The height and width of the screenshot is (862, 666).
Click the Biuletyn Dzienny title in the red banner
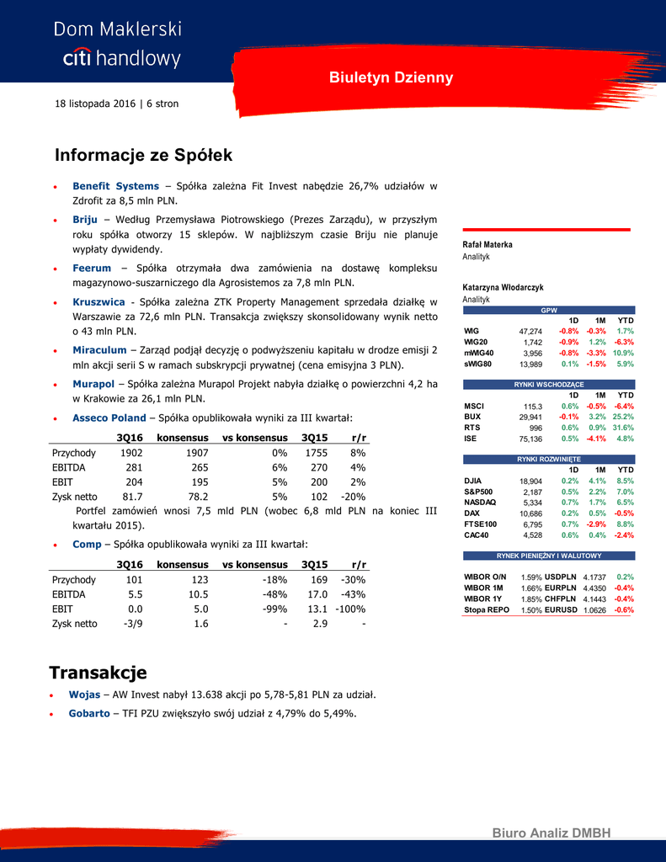click(x=391, y=78)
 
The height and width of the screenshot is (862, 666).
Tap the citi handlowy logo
click(x=122, y=58)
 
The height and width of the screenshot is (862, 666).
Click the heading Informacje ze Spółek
click(x=143, y=156)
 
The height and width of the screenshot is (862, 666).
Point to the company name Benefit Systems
click(x=115, y=186)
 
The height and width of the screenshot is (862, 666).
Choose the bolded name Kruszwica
click(x=99, y=301)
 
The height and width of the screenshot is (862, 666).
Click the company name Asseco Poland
click(x=109, y=418)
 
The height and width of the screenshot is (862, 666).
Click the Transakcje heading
click(x=98, y=673)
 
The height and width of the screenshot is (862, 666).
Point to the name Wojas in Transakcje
click(x=84, y=695)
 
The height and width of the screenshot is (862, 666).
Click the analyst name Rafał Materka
click(x=488, y=245)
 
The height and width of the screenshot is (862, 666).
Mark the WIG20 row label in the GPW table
click(x=476, y=343)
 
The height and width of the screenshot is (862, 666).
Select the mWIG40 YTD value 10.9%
click(x=623, y=354)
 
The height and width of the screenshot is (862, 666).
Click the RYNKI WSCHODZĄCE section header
click(x=548, y=385)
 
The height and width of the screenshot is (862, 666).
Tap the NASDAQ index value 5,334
click(x=531, y=503)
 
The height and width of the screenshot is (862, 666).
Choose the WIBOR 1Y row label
click(x=482, y=599)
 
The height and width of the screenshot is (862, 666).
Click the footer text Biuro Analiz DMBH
click(x=551, y=833)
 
